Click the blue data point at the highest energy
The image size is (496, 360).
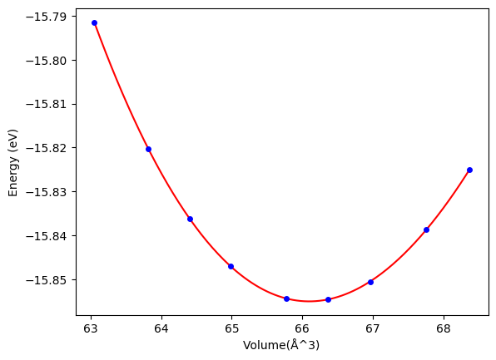[94, 22]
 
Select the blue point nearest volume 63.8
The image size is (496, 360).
[148, 149]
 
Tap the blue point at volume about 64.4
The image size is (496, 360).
[190, 219]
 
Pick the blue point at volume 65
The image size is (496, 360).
[231, 266]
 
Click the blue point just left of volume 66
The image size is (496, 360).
[286, 298]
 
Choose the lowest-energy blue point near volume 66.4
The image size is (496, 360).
[329, 299]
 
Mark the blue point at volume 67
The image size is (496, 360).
[370, 282]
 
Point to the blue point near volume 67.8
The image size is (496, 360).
[426, 229]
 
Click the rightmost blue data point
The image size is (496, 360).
[469, 170]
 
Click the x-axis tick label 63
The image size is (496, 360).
[91, 329]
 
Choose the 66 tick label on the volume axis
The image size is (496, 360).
[302, 329]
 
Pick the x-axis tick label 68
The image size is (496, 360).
[444, 329]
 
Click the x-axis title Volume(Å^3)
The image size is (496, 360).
[281, 345]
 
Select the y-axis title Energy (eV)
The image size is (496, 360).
[13, 163]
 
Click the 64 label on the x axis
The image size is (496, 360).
[161, 329]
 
